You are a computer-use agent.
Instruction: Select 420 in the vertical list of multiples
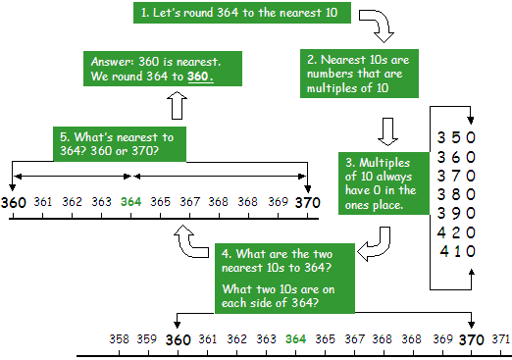coord(456,231)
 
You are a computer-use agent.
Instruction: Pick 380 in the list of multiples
coord(456,194)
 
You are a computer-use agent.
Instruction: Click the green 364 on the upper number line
coord(130,201)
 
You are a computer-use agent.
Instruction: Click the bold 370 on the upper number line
coord(309,201)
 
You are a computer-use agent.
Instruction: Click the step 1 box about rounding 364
coord(230,13)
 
